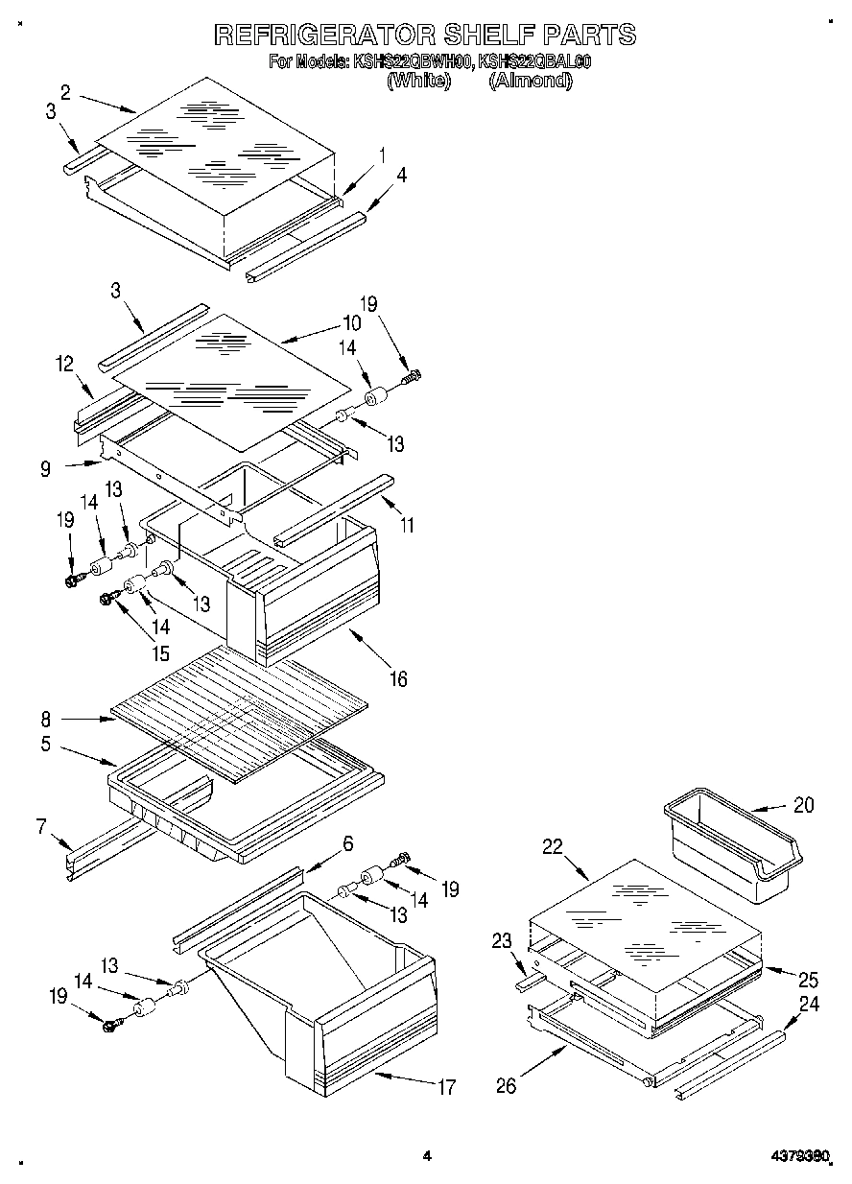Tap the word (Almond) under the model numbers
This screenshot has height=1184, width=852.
(530, 82)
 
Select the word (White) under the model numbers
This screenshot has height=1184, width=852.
(417, 82)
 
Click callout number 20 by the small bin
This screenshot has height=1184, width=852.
(803, 806)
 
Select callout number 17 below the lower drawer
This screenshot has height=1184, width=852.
(446, 1088)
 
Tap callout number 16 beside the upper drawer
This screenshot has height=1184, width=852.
(397, 679)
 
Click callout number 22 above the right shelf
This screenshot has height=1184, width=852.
(551, 846)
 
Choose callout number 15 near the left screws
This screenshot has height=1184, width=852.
(159, 654)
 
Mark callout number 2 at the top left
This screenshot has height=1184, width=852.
(64, 92)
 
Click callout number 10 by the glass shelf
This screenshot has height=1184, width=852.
(352, 322)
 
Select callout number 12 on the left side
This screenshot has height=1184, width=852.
(64, 364)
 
